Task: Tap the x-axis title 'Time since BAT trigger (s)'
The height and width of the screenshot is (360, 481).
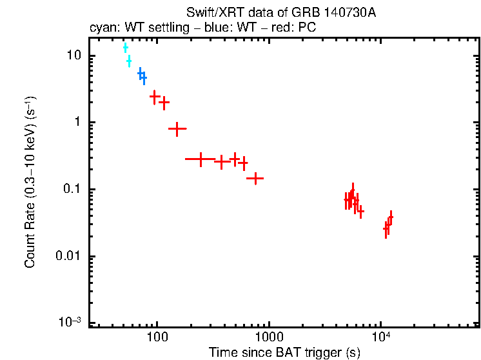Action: tap(284, 352)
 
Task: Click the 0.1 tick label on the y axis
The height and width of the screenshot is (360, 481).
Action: tap(72, 190)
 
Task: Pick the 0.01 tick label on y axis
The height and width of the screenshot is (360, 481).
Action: tap(69, 257)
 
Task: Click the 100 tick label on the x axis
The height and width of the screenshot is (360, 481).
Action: tap(157, 337)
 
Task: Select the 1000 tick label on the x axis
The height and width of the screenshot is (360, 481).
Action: tap(269, 337)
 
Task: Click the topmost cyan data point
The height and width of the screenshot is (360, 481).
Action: tap(126, 48)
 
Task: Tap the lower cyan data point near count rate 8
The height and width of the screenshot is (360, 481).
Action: tap(129, 61)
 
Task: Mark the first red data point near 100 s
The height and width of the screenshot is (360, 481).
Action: tap(155, 97)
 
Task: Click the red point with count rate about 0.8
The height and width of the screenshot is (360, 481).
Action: tap(177, 129)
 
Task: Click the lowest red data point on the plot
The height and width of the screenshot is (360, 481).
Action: tap(386, 228)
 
